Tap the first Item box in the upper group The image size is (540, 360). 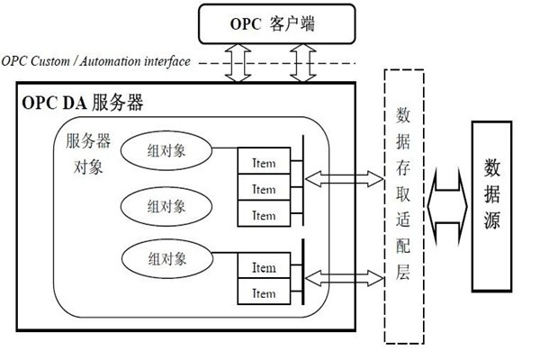(263, 163)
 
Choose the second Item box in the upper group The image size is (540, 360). (263, 189)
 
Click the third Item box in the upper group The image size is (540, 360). (263, 215)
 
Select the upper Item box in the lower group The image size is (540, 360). (263, 267)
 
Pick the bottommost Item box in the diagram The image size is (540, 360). (263, 293)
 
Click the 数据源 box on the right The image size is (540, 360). (493, 205)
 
